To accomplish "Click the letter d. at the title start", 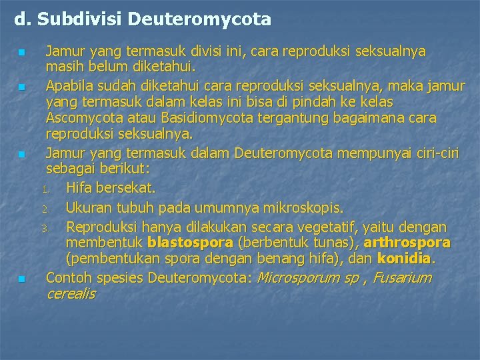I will (x=23, y=19).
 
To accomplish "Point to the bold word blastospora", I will (x=190, y=242).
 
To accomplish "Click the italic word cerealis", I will (x=71, y=293).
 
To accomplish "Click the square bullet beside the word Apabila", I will (x=22, y=87).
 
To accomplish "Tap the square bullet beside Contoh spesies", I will (x=22, y=279).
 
